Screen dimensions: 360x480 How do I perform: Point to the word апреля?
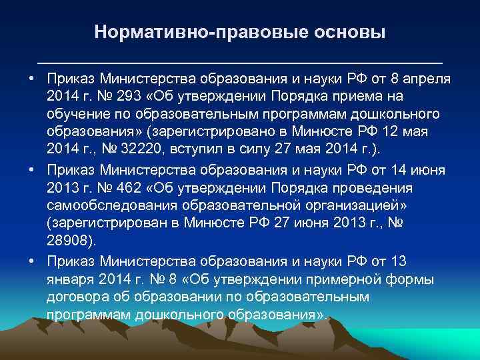pos(427,78)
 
